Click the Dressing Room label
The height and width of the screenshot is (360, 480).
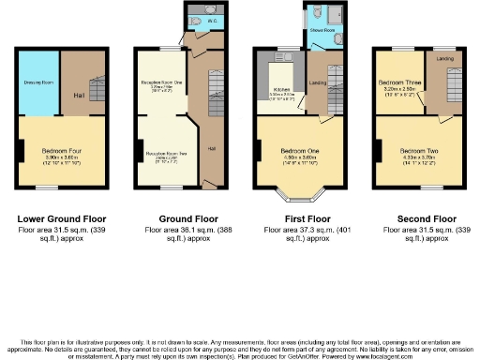39,82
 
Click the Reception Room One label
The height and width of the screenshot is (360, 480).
160,83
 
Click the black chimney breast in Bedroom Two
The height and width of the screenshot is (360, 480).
378,150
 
